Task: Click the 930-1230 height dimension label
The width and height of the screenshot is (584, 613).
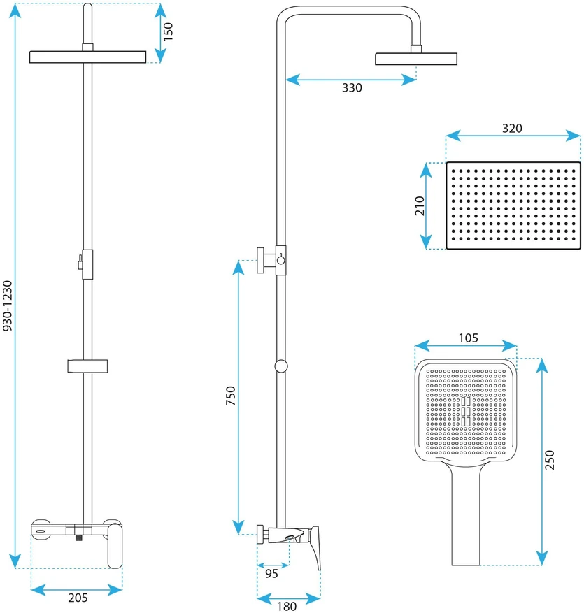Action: [x=8, y=305]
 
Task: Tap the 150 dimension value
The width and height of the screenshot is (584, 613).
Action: [x=168, y=32]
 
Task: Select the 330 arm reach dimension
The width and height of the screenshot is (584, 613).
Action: [x=352, y=87]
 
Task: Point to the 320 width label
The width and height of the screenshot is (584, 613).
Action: [x=512, y=128]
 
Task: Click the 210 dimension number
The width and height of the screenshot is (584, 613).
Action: [x=420, y=205]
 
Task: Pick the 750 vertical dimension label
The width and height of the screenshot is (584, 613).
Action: [x=231, y=395]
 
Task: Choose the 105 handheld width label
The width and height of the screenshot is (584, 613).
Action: [x=468, y=338]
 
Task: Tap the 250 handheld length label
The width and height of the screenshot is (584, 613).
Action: [x=550, y=460]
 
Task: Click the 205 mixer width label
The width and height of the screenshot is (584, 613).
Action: [x=78, y=598]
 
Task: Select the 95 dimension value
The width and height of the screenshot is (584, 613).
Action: [x=271, y=574]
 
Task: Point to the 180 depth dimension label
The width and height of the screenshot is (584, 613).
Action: [x=287, y=606]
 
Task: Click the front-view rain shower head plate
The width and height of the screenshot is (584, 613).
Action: [x=87, y=57]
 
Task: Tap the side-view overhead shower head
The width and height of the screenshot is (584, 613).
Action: [x=416, y=59]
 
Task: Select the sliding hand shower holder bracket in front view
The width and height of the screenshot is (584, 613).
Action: [x=87, y=366]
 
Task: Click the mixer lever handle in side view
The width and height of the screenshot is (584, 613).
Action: [x=315, y=547]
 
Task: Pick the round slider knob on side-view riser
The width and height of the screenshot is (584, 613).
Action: [x=281, y=366]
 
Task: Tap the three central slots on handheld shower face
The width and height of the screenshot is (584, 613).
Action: [x=466, y=411]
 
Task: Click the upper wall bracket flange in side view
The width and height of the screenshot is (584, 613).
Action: [x=260, y=261]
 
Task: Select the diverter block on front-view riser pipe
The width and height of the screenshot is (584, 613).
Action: [x=87, y=264]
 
